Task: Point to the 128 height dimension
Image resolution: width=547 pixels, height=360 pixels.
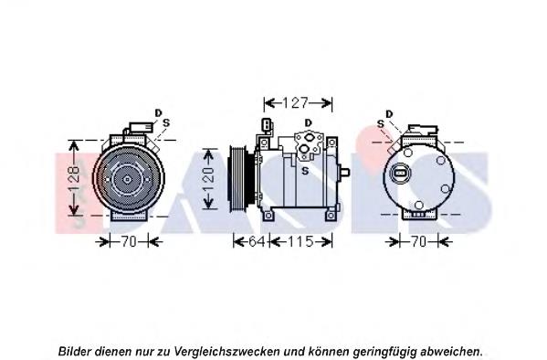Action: pos(74,179)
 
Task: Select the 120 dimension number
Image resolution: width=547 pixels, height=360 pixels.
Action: pos(208,180)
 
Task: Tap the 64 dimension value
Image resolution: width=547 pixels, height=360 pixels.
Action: pos(256,241)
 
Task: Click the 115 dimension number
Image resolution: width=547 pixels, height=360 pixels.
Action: pos(300,241)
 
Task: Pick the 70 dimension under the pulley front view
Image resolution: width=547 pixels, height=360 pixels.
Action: pos(129,241)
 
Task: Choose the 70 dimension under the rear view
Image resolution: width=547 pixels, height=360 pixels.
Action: pos(418,241)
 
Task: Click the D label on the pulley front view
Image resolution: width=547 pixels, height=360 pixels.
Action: pos(158,112)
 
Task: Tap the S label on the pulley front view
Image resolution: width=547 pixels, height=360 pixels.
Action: pos(166,122)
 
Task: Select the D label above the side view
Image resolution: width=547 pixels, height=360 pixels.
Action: pos(308,122)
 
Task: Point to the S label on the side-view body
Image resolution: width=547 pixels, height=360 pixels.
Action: pos(305,171)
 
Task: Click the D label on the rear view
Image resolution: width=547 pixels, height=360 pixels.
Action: pos(389,114)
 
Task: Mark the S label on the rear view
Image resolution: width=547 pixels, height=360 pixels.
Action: pos(381,124)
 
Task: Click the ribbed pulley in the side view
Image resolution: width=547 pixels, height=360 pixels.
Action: pos(238,179)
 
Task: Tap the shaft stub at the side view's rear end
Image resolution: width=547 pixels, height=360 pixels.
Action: pos(344,172)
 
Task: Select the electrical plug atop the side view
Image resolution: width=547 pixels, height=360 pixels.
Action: pos(267,125)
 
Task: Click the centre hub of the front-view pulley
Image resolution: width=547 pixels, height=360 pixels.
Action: pos(127,179)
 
